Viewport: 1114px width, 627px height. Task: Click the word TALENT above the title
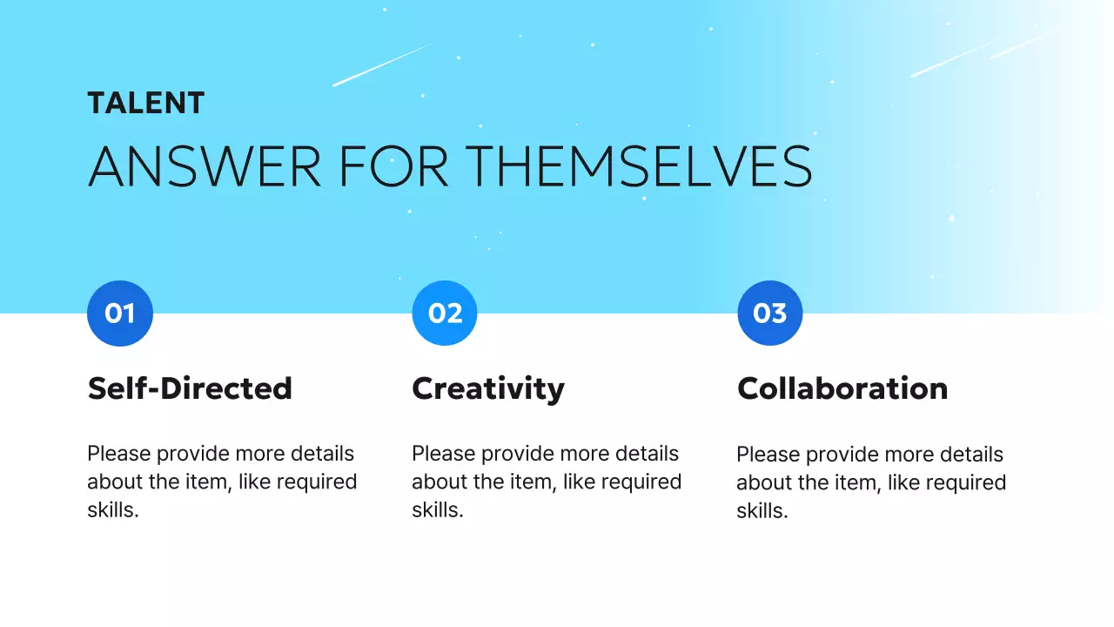click(x=145, y=103)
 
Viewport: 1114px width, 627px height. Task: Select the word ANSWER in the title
click(x=205, y=166)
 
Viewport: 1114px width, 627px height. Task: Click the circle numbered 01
click(x=120, y=313)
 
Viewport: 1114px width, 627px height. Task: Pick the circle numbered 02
click(x=445, y=313)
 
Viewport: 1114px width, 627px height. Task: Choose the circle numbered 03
click(x=769, y=313)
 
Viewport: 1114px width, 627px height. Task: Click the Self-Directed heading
click(x=190, y=388)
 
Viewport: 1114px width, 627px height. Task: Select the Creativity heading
click(x=488, y=388)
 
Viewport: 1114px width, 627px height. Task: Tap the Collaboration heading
click(x=842, y=388)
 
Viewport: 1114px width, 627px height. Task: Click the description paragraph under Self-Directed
click(x=222, y=482)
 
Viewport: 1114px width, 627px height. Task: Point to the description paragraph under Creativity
click(x=547, y=482)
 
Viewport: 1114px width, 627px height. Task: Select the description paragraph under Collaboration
click(x=871, y=482)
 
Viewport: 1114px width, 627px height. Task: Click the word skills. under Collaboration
click(x=762, y=511)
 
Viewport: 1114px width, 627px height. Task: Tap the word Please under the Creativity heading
click(x=443, y=454)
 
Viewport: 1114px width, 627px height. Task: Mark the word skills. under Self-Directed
click(x=113, y=510)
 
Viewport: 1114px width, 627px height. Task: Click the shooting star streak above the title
click(x=383, y=64)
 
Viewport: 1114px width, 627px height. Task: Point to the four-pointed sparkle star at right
click(x=951, y=218)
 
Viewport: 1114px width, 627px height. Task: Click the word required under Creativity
click(x=640, y=482)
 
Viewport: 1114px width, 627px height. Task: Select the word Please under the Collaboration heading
click(x=768, y=455)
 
